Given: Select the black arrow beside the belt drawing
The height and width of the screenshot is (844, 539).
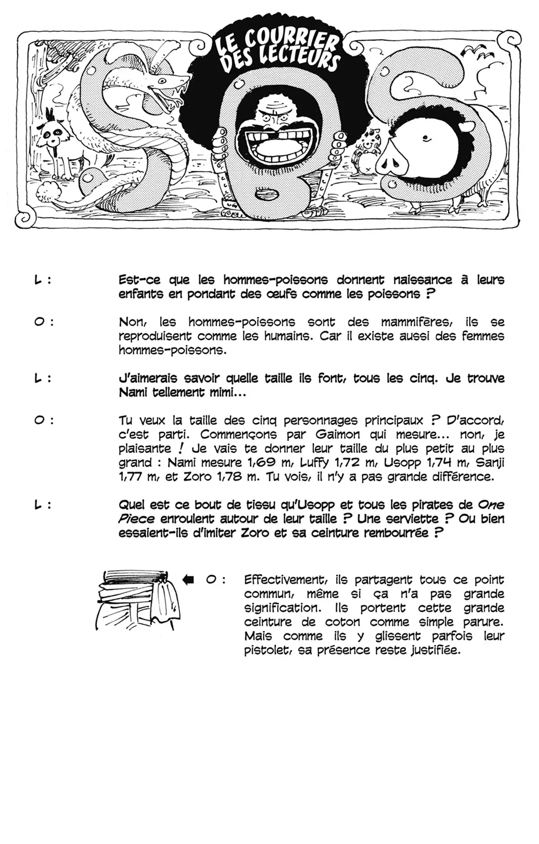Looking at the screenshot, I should pos(188,580).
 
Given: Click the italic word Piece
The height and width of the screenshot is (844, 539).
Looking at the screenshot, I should pos(136,519).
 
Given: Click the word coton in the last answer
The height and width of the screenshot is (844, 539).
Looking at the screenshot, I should pos(343,622).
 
